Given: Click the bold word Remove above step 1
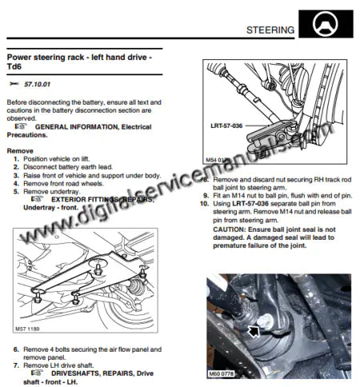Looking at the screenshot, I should (x=20, y=150).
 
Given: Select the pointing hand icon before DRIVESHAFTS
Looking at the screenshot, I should (x=37, y=373).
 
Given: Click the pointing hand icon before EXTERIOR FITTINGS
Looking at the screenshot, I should (x=37, y=199).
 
